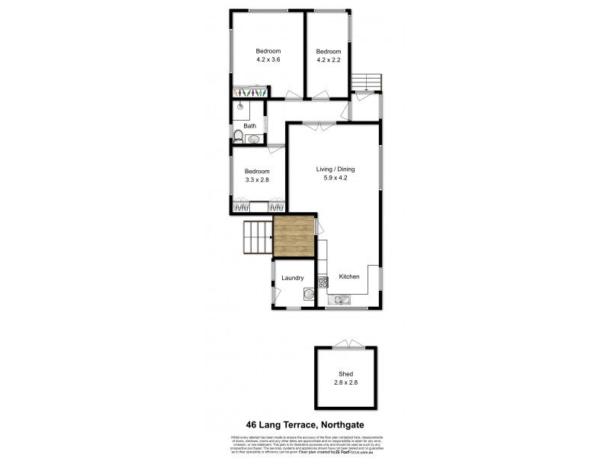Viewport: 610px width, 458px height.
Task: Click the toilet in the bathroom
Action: tap(238, 138)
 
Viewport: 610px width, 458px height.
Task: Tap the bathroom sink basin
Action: tap(252, 138)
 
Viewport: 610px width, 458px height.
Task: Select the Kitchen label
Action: tap(349, 277)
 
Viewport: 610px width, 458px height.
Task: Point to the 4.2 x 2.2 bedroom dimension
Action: tap(329, 59)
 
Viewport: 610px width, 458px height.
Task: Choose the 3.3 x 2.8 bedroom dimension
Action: tap(257, 179)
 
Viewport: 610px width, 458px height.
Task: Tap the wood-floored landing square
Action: tap(294, 236)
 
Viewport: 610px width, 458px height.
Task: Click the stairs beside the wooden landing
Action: tap(256, 237)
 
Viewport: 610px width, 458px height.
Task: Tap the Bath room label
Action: tap(249, 126)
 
